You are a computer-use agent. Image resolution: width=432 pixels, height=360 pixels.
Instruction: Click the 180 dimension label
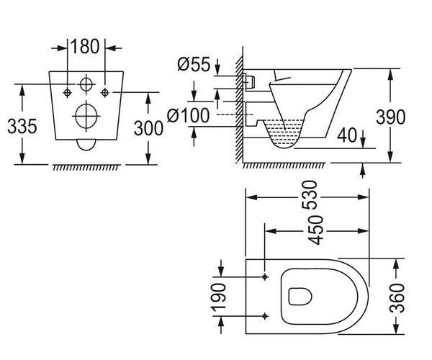(85, 46)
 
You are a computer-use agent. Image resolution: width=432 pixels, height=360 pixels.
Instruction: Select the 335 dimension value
(22, 127)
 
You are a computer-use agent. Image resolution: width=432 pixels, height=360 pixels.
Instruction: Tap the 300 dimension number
(148, 128)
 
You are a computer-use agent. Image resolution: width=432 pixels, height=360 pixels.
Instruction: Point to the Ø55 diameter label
(194, 65)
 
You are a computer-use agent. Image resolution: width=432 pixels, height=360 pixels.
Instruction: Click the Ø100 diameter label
(188, 115)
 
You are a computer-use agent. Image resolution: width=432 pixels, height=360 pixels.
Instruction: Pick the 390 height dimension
(391, 117)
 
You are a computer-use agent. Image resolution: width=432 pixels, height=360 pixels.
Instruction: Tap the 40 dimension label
(347, 135)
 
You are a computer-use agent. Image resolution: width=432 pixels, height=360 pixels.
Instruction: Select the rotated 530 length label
(310, 195)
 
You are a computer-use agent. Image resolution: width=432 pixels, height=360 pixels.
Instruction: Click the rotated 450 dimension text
(315, 230)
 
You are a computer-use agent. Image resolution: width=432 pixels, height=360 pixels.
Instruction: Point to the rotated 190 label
(219, 296)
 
